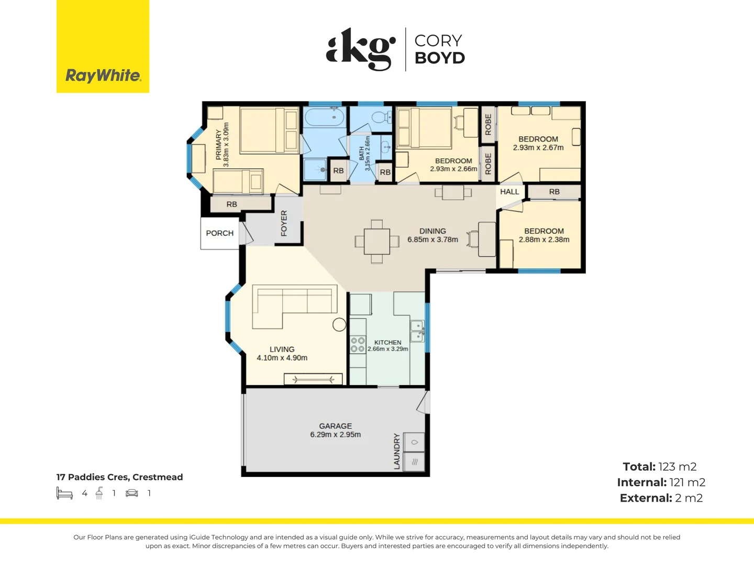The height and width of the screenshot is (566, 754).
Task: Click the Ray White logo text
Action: tap(103, 75)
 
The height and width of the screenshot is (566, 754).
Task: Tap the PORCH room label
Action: tap(220, 233)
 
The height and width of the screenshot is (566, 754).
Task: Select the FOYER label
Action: tap(284, 223)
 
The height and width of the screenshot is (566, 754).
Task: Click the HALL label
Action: tap(509, 192)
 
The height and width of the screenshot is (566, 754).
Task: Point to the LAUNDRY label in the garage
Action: tap(397, 451)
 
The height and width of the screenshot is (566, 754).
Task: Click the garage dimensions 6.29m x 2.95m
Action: tap(335, 434)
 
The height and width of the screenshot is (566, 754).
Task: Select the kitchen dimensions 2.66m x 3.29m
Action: tap(388, 349)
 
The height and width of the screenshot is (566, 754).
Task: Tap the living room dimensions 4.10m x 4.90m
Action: tap(282, 358)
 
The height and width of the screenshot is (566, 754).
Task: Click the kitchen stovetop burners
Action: tap(358, 345)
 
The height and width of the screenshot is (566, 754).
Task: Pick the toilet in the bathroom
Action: tap(381, 117)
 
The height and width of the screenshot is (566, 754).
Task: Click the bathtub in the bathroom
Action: tap(325, 117)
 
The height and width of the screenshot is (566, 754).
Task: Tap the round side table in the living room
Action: tap(339, 324)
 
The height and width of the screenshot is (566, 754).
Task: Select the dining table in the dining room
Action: tap(377, 242)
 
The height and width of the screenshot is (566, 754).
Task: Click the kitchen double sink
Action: tap(417, 331)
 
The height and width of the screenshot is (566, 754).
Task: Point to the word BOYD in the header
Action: tap(440, 58)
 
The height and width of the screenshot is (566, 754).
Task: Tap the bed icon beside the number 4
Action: tap(64, 493)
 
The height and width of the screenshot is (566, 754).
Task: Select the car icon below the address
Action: tap(132, 493)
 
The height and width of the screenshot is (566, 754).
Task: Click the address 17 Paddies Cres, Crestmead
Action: tap(119, 477)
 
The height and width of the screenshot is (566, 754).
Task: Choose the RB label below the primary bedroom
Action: tap(231, 204)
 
